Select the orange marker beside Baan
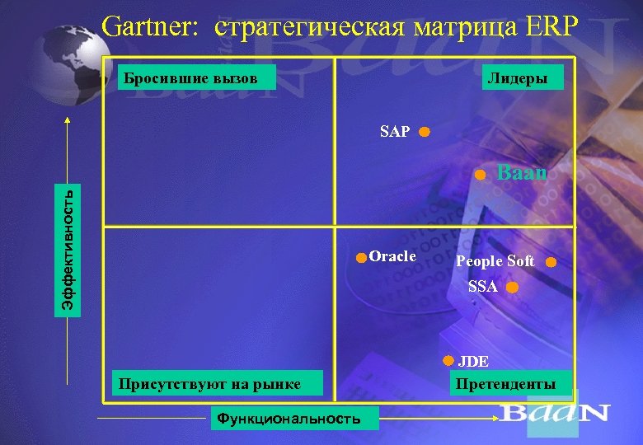[x=480, y=175]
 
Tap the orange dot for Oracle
[x=360, y=258]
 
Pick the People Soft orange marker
[x=551, y=263]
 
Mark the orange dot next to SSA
[x=512, y=288]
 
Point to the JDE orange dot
[x=447, y=360]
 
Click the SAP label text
[x=395, y=131]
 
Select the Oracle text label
[x=392, y=256]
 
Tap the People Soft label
[x=495, y=262]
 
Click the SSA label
[x=483, y=287]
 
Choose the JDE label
[x=474, y=361]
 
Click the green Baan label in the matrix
[x=523, y=174]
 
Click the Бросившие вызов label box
[x=190, y=78]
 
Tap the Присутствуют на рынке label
[x=209, y=382]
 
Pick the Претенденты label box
[x=505, y=383]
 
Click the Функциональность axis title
[x=288, y=419]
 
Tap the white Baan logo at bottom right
[x=555, y=412]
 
